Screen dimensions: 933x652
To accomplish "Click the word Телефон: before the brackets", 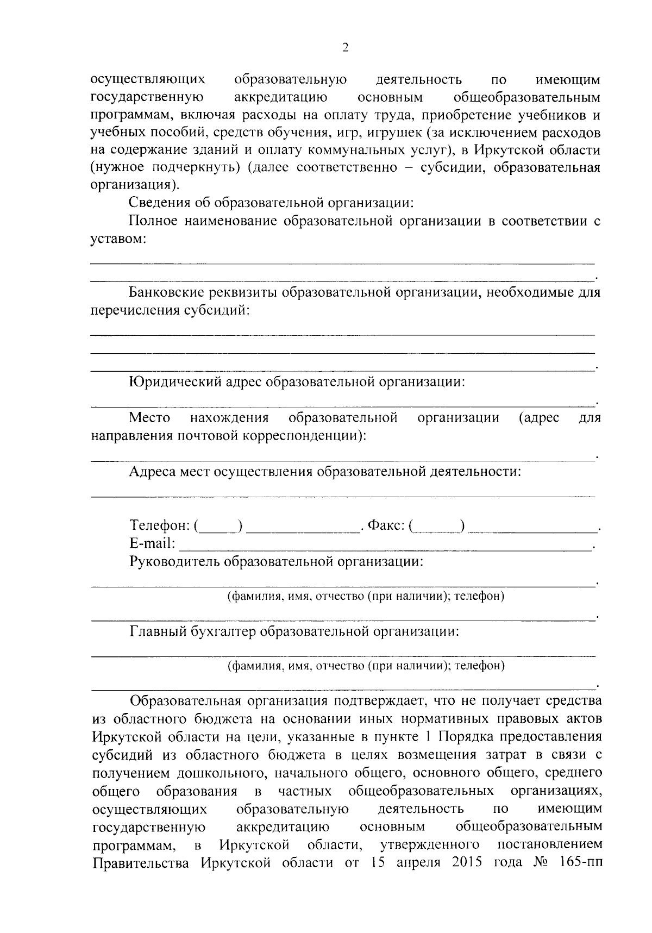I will pyautogui.click(x=159, y=525).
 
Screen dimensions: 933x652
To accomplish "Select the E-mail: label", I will pyautogui.click(x=152, y=543).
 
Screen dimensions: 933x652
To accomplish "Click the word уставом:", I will pyautogui.click(x=118, y=239).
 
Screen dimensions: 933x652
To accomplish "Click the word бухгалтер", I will pyautogui.click(x=222, y=632).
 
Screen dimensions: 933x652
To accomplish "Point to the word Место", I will pyautogui.click(x=149, y=418).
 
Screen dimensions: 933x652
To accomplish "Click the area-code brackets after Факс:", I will pyautogui.click(x=437, y=526).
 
